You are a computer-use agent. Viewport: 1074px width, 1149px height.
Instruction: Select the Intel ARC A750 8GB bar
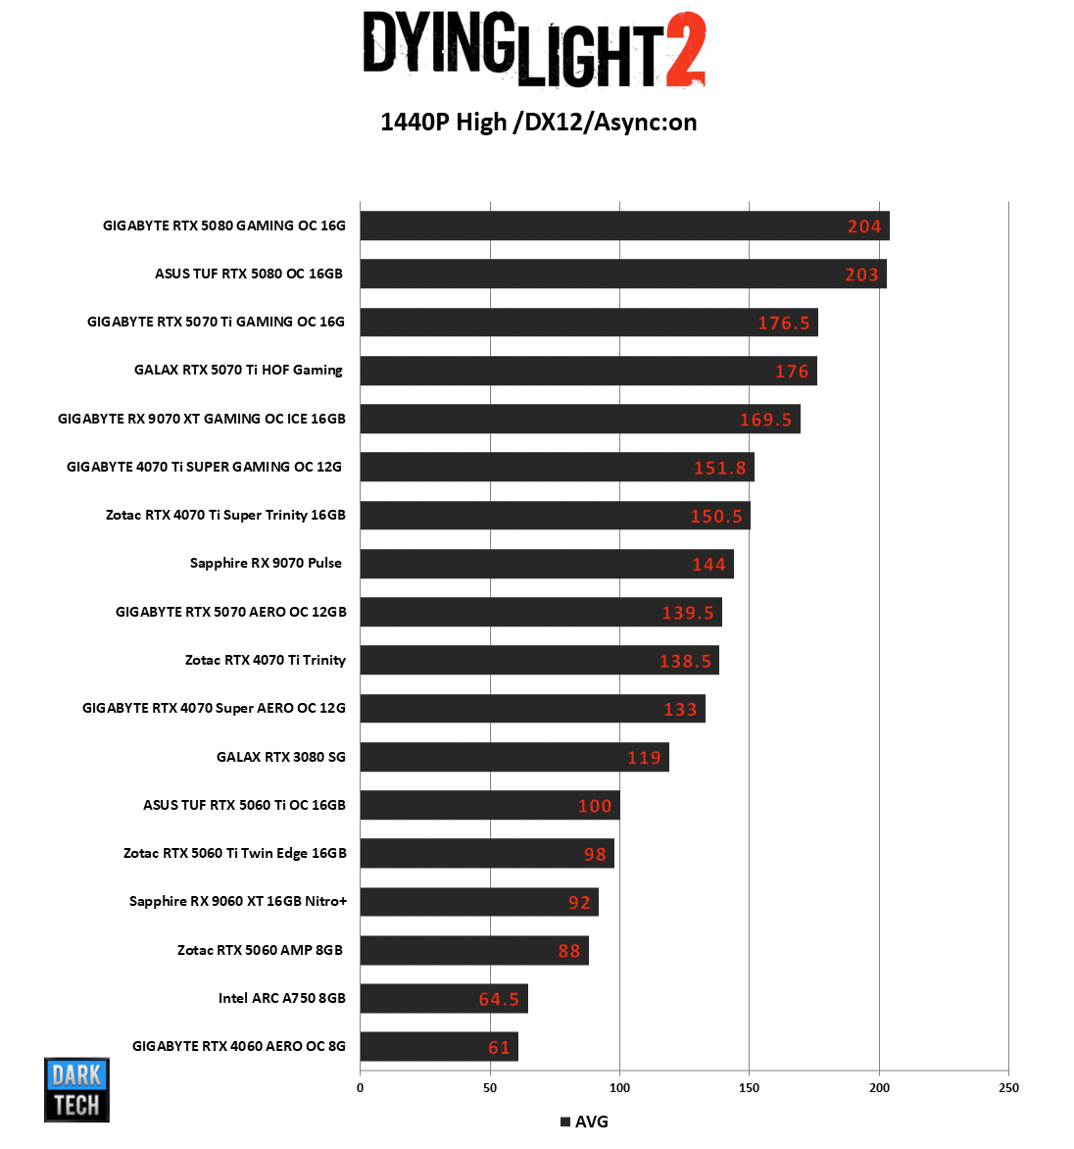click(x=443, y=998)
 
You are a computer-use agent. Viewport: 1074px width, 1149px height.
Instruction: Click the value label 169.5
click(x=765, y=420)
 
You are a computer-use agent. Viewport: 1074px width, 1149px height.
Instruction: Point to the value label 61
click(x=499, y=1048)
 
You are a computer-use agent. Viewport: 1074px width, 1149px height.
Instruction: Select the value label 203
click(x=861, y=275)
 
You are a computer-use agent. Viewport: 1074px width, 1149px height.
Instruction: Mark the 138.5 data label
click(x=685, y=662)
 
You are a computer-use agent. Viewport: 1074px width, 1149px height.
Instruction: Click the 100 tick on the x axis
click(x=619, y=1087)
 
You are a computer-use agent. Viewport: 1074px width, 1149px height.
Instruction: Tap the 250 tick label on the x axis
click(x=1008, y=1087)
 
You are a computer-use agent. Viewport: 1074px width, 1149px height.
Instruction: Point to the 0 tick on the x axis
click(x=360, y=1087)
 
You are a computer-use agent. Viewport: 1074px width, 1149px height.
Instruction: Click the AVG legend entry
click(x=584, y=1122)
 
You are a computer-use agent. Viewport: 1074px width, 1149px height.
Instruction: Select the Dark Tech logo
click(x=76, y=1089)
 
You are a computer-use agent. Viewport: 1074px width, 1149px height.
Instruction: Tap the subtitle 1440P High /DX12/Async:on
click(x=538, y=123)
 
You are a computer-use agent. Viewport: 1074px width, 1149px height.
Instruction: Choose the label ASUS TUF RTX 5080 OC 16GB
click(x=249, y=274)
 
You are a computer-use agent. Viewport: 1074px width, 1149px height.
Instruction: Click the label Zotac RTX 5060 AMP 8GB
click(x=260, y=950)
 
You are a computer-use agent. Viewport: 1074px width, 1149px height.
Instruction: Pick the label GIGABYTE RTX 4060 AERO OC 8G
click(x=239, y=1046)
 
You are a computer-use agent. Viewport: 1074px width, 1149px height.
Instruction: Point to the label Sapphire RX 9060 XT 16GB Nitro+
click(x=238, y=901)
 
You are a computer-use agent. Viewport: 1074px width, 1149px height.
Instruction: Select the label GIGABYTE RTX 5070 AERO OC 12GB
click(x=231, y=612)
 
